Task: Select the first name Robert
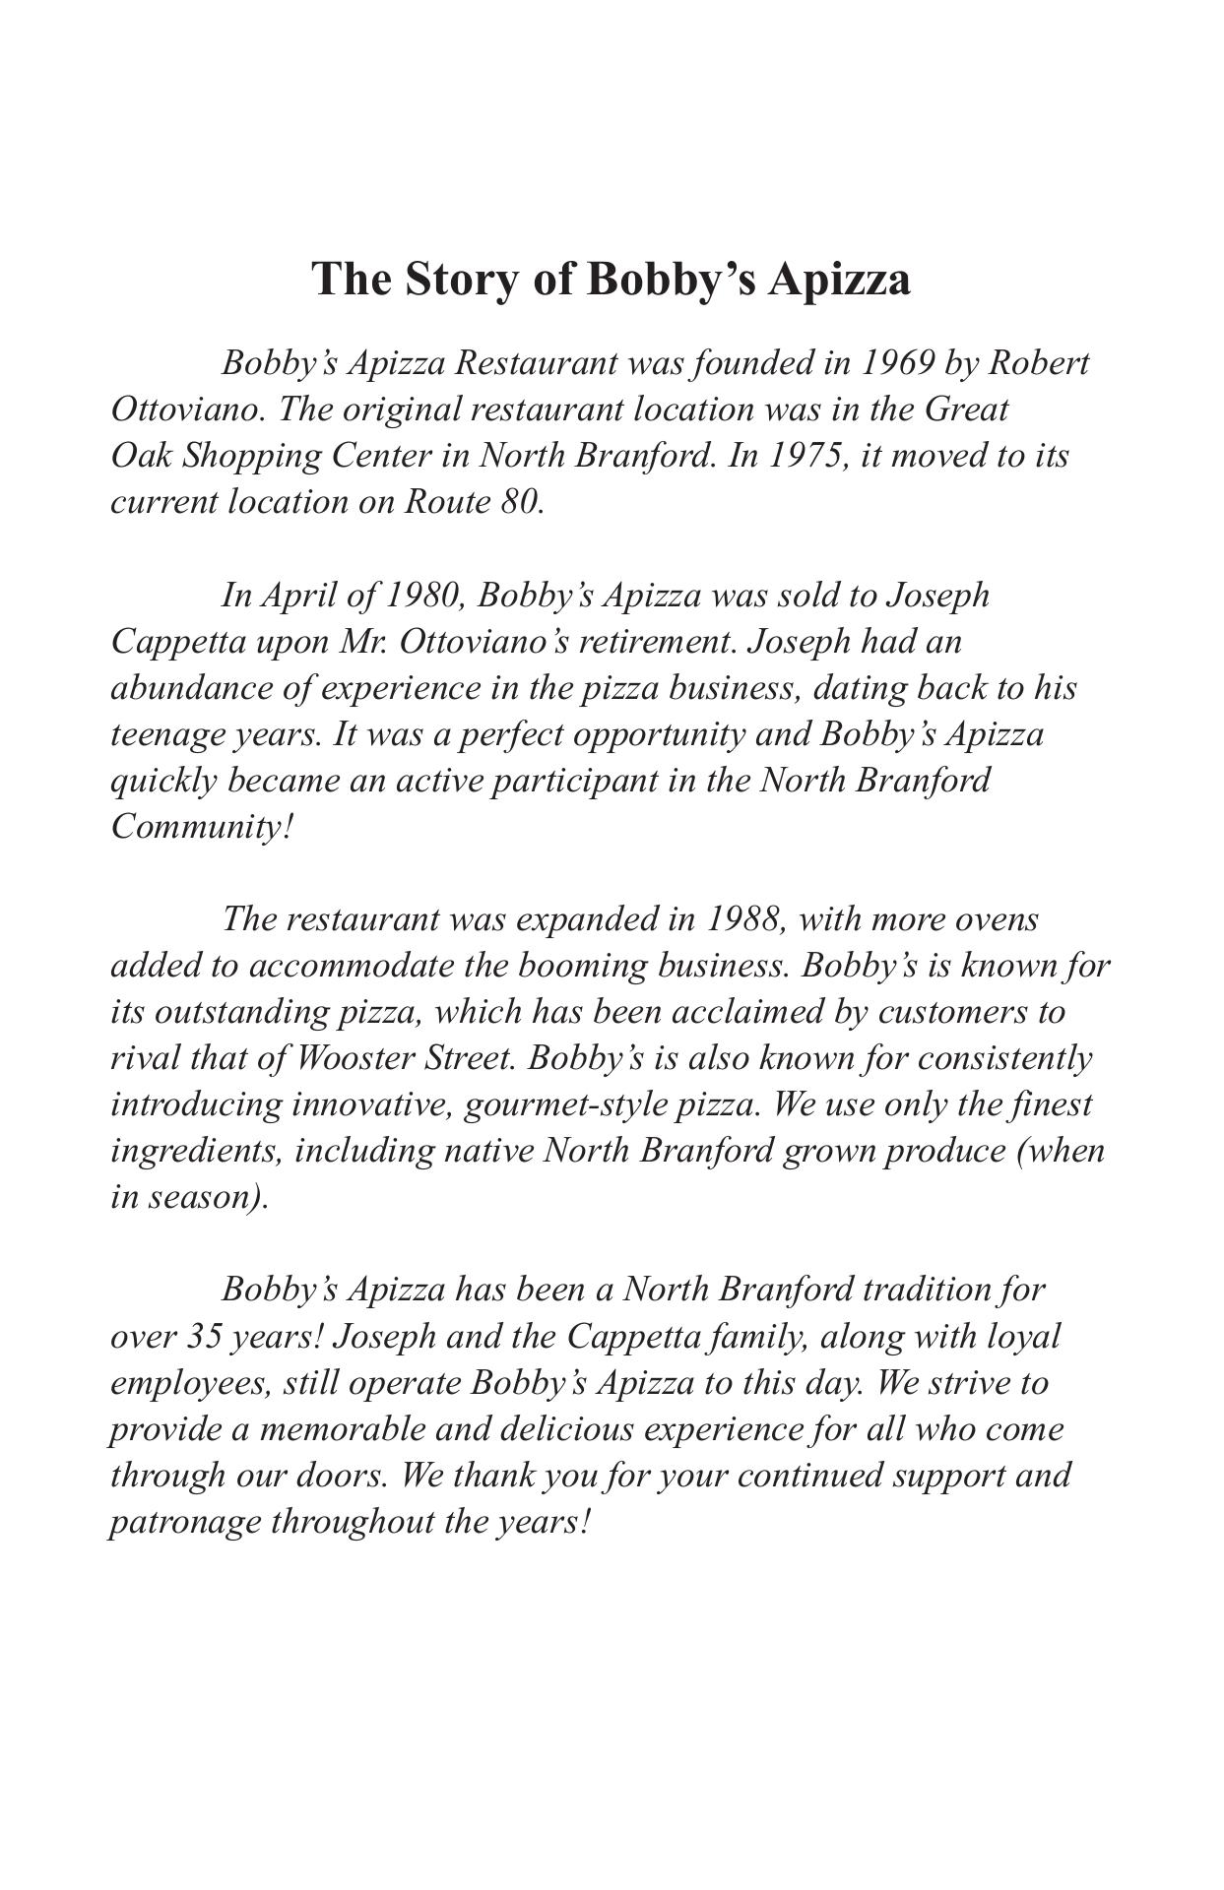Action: [x=1039, y=363]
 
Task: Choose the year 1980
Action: [x=423, y=596]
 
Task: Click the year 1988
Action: [x=745, y=919]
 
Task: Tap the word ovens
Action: [x=998, y=919]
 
